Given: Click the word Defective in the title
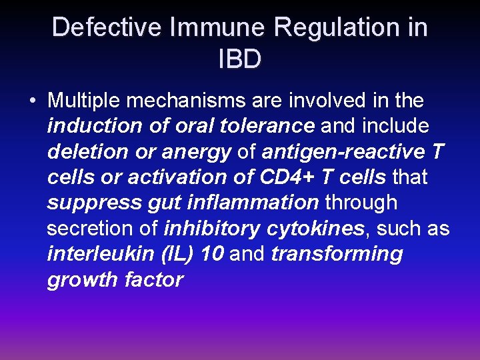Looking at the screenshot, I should (107, 28).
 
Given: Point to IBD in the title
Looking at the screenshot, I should (240, 59).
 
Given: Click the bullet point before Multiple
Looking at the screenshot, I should (32, 101).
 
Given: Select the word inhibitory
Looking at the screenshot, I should (211, 229).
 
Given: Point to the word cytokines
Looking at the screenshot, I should (316, 229).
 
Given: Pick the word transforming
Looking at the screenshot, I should (337, 254).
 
